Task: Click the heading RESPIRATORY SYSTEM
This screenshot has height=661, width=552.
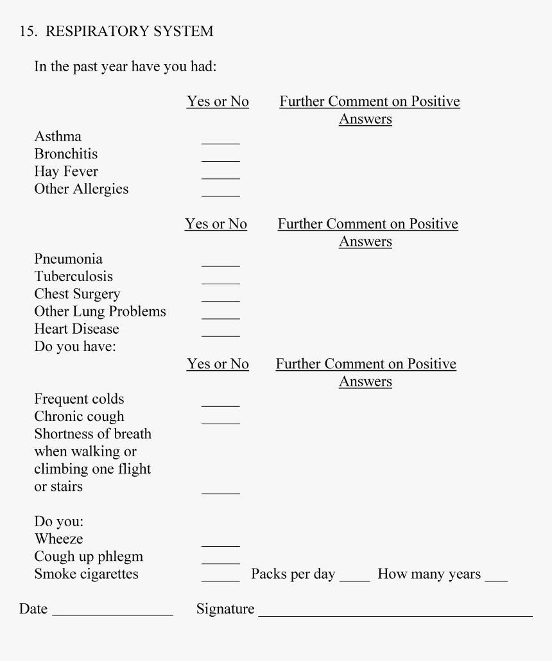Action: [x=138, y=31]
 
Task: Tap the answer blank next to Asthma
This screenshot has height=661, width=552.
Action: [x=220, y=141]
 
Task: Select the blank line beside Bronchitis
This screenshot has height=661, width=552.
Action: [x=220, y=159]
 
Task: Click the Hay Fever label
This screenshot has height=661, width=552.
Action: [x=66, y=171]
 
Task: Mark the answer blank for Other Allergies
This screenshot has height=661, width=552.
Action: [x=220, y=194]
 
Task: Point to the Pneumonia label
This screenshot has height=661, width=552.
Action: [x=68, y=259]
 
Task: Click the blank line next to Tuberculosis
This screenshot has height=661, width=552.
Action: [x=220, y=281]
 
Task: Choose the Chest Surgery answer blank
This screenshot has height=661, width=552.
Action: [x=220, y=298]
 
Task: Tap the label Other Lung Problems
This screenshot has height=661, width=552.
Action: [x=100, y=311]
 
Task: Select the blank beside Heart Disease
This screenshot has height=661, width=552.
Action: [x=220, y=334]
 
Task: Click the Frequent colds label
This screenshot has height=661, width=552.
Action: [x=79, y=399]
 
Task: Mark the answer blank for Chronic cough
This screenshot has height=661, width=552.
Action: [x=220, y=421]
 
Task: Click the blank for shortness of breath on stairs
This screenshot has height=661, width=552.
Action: [x=220, y=491]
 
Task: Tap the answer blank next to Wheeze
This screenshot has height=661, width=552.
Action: [x=220, y=544]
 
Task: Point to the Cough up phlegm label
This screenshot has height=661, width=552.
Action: [x=89, y=556]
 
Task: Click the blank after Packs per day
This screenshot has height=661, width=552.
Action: [x=354, y=579]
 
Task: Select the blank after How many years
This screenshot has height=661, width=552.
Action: [x=496, y=579]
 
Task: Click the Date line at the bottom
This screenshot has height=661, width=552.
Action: [x=112, y=614]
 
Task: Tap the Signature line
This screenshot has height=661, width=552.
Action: [x=395, y=614]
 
